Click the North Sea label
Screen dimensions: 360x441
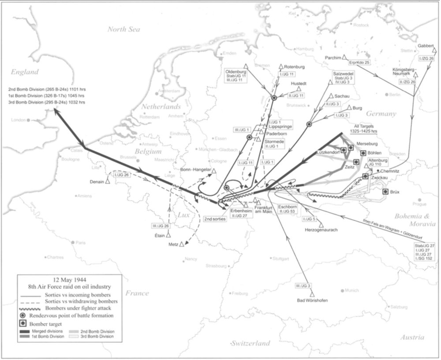[x=124, y=30]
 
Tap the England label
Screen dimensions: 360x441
[x=25, y=72]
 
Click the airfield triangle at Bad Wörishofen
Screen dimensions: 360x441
[x=312, y=293]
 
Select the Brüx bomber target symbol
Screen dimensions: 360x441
[x=385, y=191]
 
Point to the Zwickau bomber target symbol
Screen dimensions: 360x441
[x=366, y=176]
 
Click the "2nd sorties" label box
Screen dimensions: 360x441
[x=215, y=219]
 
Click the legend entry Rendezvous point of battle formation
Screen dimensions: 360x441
[x=70, y=315]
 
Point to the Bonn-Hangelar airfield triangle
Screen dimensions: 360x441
[x=214, y=170]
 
